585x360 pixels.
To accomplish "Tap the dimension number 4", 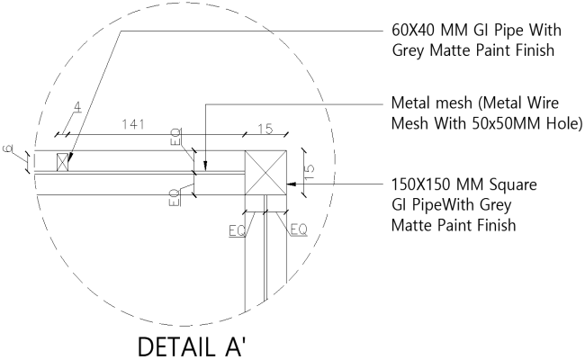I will (x=77, y=108).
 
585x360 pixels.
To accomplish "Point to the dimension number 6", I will (x=7, y=149).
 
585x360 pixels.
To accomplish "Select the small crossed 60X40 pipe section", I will (x=63, y=162).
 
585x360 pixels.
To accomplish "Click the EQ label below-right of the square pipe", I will (x=299, y=230).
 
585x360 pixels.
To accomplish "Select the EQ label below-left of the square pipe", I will (x=237, y=230).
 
